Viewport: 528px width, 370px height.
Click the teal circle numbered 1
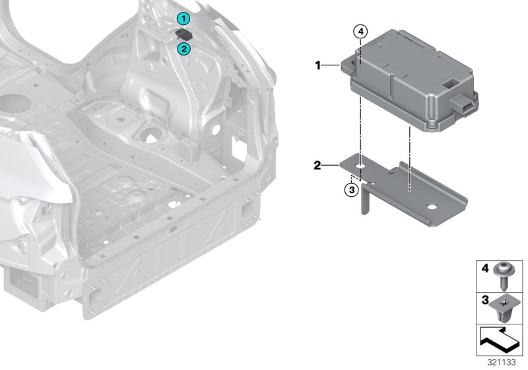(183, 19)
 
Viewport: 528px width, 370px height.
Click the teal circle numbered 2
(184, 49)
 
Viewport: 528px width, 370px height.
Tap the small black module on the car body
(184, 34)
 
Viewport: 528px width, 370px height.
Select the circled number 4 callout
(360, 32)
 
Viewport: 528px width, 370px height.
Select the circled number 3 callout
(352, 190)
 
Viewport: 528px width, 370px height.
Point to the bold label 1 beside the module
(317, 65)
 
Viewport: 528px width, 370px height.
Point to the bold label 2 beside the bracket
(317, 165)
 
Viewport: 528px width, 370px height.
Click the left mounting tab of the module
(348, 65)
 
